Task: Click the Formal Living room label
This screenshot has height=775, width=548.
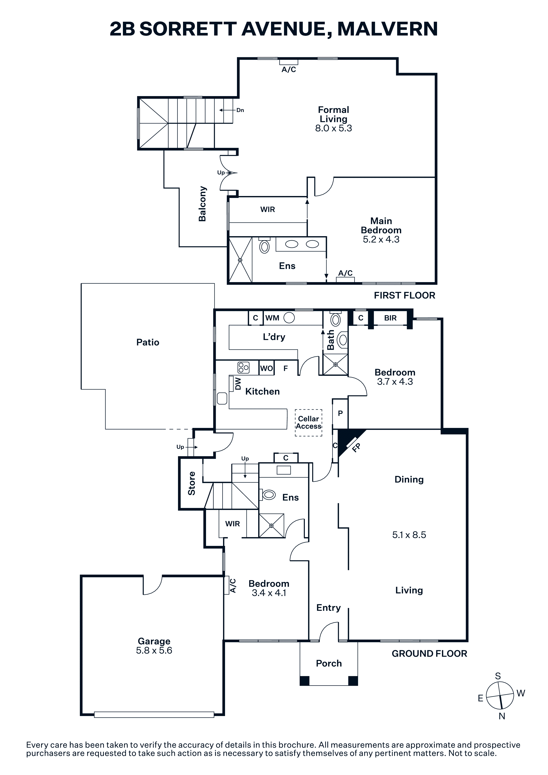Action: [334, 114]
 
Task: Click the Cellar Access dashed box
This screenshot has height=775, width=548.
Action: [309, 423]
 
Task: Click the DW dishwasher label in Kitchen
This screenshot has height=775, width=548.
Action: [238, 384]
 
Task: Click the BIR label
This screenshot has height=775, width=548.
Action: [390, 318]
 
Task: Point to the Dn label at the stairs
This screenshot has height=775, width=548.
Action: [240, 110]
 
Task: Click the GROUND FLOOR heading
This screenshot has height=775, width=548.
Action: [430, 653]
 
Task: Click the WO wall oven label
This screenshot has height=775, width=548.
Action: [266, 368]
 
